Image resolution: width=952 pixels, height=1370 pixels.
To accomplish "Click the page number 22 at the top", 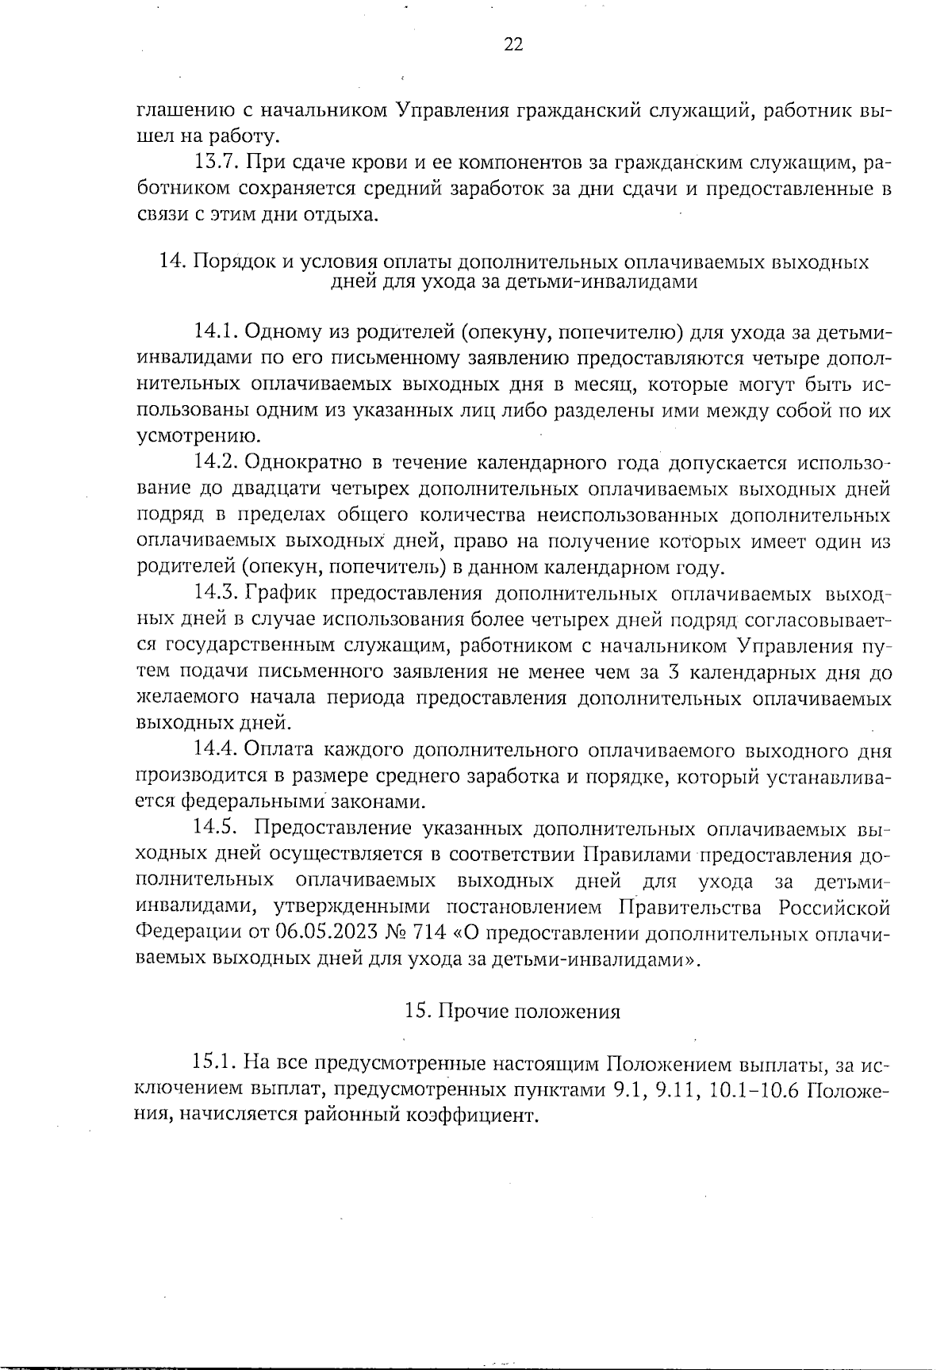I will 513,45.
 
